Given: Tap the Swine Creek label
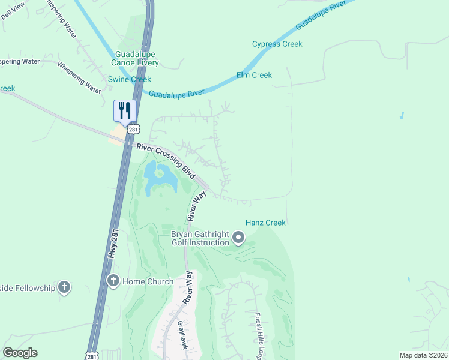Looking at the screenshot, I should [x=129, y=79].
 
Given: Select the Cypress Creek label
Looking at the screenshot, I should [x=277, y=44].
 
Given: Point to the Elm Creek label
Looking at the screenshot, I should [x=254, y=75].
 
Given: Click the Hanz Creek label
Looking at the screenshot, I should [x=265, y=223].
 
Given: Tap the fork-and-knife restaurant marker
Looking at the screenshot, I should [x=125, y=111].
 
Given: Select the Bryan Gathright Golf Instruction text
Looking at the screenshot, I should [x=200, y=238].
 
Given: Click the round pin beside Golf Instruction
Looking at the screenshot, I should [x=238, y=239].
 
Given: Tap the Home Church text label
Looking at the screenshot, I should [x=148, y=281].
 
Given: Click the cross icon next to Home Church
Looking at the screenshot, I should [x=113, y=280].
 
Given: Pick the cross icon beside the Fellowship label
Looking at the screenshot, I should [x=64, y=288].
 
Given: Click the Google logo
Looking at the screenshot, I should [x=20, y=353].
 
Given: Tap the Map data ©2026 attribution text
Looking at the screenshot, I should [x=423, y=355].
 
